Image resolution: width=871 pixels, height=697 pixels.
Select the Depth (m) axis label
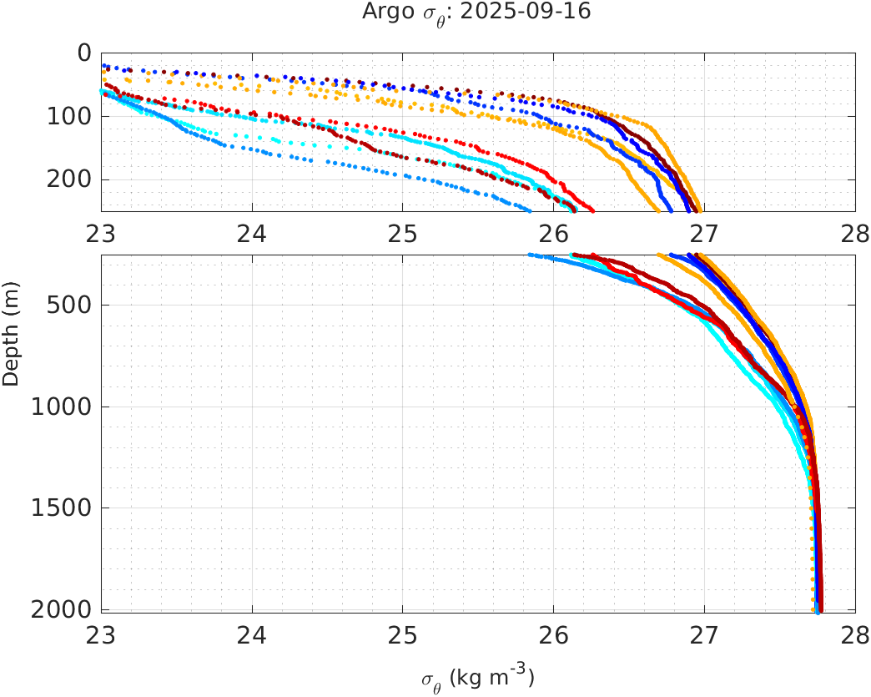11,332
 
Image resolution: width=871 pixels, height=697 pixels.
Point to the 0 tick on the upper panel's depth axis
84,53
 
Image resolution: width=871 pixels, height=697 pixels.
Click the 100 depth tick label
68,116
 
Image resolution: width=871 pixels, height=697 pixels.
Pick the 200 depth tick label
68,179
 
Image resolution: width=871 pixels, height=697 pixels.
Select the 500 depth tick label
68,305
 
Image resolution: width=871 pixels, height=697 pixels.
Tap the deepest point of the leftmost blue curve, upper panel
529,210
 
